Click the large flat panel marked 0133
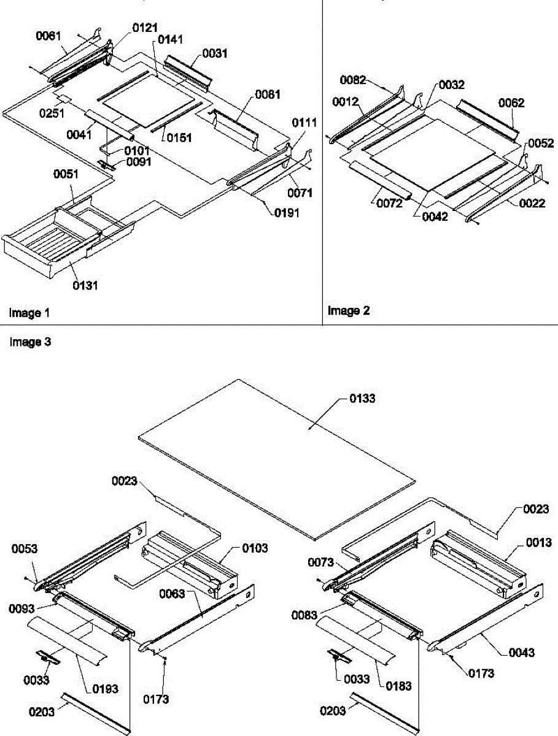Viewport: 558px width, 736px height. click(276, 460)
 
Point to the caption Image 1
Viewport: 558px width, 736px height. click(29, 313)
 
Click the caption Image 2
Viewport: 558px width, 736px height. click(349, 311)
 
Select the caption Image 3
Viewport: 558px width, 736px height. click(30, 342)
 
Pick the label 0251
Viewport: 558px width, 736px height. click(52, 113)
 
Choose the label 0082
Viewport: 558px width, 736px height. click(354, 80)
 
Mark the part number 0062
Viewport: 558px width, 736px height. click(511, 103)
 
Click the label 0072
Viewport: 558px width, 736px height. click(390, 203)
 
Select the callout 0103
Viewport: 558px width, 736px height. click(255, 548)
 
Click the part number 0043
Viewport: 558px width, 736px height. click(521, 653)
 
